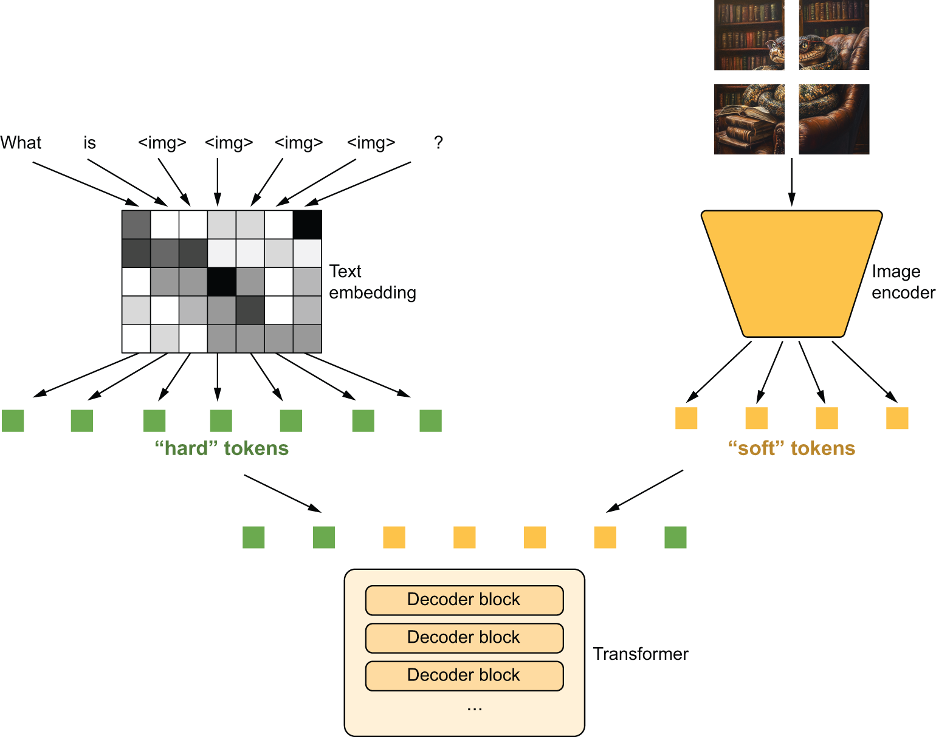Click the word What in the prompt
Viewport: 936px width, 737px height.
pyautogui.click(x=21, y=143)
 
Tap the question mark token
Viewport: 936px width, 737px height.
pyautogui.click(x=438, y=143)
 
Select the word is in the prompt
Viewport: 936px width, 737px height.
pyautogui.click(x=89, y=143)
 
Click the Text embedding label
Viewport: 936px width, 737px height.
pyautogui.click(x=372, y=282)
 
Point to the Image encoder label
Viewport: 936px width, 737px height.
pyautogui.click(x=903, y=282)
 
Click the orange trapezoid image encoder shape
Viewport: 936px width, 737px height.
pyautogui.click(x=791, y=273)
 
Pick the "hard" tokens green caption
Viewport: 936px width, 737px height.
pyautogui.click(x=221, y=448)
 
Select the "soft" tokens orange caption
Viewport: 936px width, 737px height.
pyautogui.click(x=791, y=448)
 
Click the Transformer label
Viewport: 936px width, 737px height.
pyautogui.click(x=641, y=654)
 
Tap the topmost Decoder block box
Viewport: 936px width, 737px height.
pyautogui.click(x=464, y=600)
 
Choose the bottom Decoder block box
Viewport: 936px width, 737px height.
pyautogui.click(x=464, y=675)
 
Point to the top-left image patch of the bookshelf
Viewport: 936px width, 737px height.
pyautogui.click(x=749, y=35)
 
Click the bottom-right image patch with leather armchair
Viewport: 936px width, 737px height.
pyautogui.click(x=834, y=119)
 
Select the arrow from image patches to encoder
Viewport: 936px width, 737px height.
pyautogui.click(x=791, y=182)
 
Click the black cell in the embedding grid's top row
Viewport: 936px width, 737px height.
pyautogui.click(x=308, y=225)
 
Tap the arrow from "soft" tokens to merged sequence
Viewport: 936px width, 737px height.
pyautogui.click(x=644, y=491)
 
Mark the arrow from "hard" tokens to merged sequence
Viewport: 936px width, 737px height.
pyautogui.click(x=283, y=493)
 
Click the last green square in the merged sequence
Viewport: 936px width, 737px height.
pyautogui.click(x=675, y=538)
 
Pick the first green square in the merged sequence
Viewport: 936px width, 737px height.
pyautogui.click(x=253, y=538)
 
